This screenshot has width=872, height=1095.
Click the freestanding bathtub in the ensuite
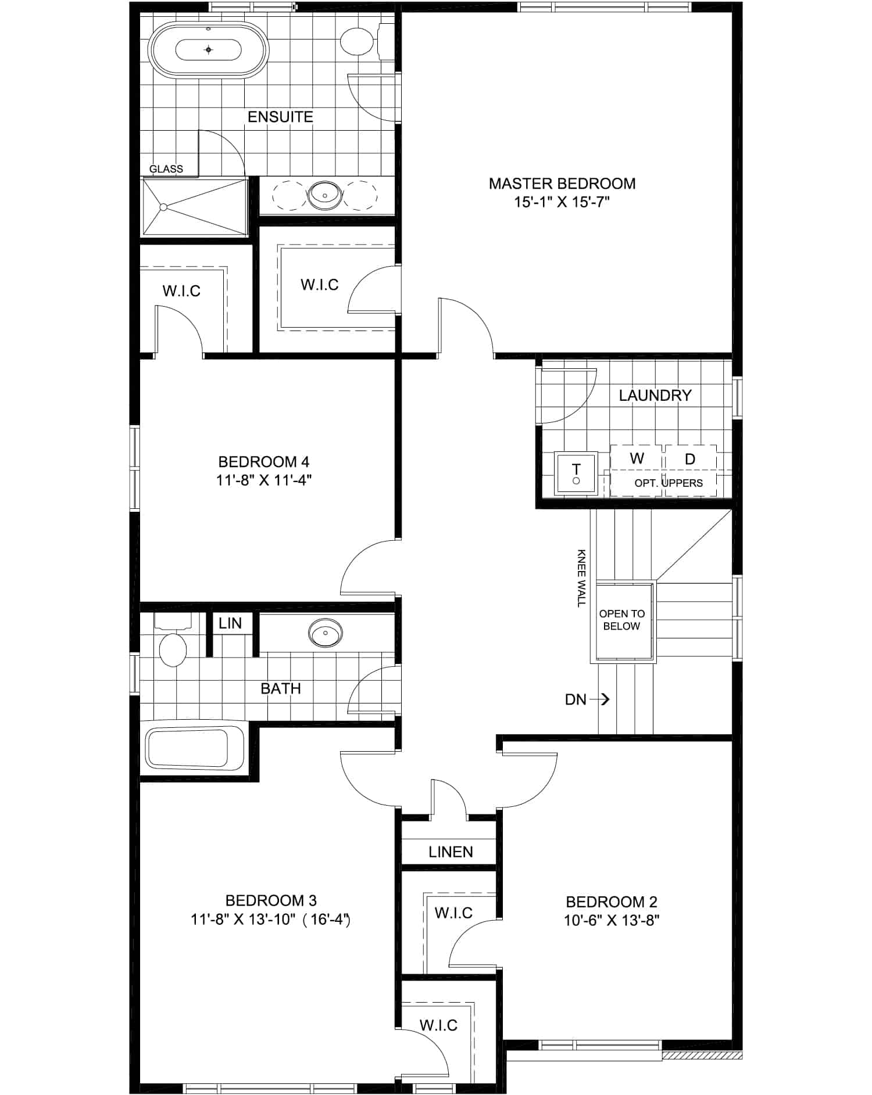pyautogui.click(x=209, y=50)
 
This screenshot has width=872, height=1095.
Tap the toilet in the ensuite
pyautogui.click(x=363, y=41)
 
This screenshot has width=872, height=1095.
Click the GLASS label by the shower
pyautogui.click(x=166, y=169)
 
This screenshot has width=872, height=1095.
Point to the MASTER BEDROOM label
pyautogui.click(x=562, y=184)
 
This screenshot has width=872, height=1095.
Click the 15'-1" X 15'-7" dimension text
pyautogui.click(x=562, y=202)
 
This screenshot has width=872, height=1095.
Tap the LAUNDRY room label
pyautogui.click(x=655, y=396)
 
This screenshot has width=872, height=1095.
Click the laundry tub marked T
pyautogui.click(x=576, y=473)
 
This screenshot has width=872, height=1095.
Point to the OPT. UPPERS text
pyautogui.click(x=669, y=483)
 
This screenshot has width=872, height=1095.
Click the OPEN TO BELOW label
pyautogui.click(x=622, y=620)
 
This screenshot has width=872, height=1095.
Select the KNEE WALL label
pyautogui.click(x=582, y=579)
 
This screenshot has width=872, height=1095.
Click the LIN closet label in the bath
pyautogui.click(x=230, y=623)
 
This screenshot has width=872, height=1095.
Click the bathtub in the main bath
pyautogui.click(x=194, y=749)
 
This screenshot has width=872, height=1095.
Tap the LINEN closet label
pyautogui.click(x=451, y=852)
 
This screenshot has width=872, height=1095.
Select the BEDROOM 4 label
pyautogui.click(x=264, y=462)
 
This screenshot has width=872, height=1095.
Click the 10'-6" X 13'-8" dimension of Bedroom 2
pyautogui.click(x=612, y=921)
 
